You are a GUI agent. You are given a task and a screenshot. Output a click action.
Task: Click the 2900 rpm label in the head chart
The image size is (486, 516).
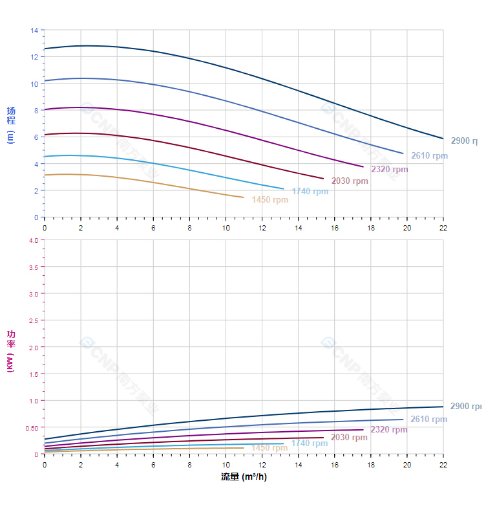465,141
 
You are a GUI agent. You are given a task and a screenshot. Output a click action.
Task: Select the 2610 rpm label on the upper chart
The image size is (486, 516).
429,156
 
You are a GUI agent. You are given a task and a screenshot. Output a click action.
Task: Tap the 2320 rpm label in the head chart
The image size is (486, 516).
390,170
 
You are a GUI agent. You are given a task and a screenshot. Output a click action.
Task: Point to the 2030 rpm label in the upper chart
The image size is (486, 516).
350,181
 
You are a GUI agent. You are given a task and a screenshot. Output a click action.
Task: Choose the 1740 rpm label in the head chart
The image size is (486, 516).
310,192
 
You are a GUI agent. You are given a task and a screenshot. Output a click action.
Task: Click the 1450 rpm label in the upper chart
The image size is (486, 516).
270,200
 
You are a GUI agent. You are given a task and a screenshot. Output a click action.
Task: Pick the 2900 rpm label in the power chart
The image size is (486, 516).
465,407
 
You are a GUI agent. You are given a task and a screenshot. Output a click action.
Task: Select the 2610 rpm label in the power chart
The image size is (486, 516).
428,420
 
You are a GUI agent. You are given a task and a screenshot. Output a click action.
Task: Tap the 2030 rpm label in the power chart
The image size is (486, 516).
349,438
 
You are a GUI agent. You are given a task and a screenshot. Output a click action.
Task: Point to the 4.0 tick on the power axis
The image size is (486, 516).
34,240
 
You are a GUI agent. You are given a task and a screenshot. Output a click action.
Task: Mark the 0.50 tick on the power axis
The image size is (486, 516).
32,428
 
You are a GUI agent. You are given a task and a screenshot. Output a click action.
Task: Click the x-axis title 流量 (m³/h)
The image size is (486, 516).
244,477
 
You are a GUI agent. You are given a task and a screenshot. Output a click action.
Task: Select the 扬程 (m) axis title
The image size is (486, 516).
10,124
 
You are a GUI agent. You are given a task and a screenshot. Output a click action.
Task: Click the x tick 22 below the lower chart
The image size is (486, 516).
443,464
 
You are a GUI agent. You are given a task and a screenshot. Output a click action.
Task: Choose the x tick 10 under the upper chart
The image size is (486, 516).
226,228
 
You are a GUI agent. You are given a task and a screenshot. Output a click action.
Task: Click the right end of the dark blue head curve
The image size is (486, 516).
443,139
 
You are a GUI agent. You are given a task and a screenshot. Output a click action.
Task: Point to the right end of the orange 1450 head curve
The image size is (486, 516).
244,197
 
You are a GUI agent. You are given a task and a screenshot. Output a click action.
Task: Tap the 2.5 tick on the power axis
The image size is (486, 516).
34,320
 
